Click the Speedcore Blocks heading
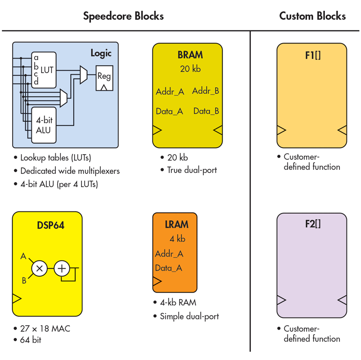123,16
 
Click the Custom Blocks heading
312,16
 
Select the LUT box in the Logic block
44,70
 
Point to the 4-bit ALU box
44,125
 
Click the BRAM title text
190,55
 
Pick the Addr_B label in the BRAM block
205,91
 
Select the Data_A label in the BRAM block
169,112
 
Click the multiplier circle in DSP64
39,269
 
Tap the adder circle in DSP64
62,269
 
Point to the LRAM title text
176,225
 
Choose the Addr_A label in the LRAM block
169,254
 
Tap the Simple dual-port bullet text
189,316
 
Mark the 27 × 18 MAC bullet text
45,329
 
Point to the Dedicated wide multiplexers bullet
70,171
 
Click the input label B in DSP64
24,281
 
